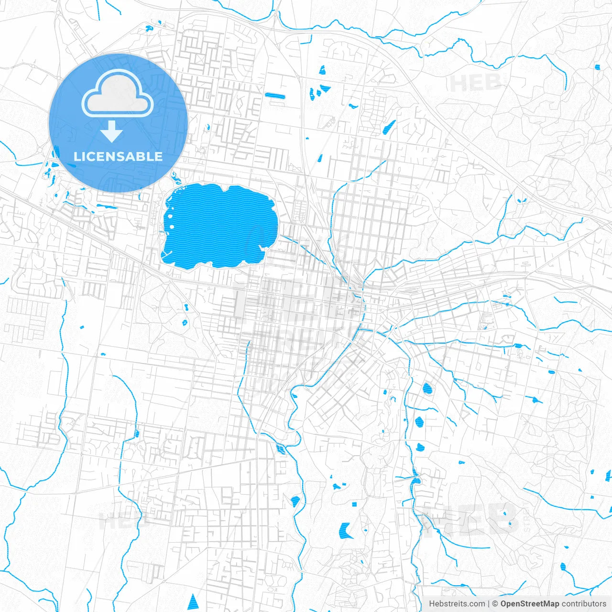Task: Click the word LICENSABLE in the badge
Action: click(x=118, y=156)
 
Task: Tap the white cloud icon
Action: click(x=118, y=94)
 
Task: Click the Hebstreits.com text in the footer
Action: click(x=457, y=604)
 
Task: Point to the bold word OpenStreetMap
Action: click(x=530, y=604)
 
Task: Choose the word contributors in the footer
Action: click(x=584, y=604)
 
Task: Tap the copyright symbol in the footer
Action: click(x=495, y=604)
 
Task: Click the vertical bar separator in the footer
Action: click(x=489, y=604)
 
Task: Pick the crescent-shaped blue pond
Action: click(x=345, y=530)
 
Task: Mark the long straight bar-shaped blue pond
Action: click(x=275, y=96)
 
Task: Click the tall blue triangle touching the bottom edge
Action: click(x=193, y=602)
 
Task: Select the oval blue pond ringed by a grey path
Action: click(x=427, y=389)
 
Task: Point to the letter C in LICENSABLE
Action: click(x=91, y=156)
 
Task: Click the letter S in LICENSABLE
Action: click(x=121, y=156)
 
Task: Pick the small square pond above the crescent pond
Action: click(x=354, y=504)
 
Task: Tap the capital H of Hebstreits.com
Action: click(x=432, y=604)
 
